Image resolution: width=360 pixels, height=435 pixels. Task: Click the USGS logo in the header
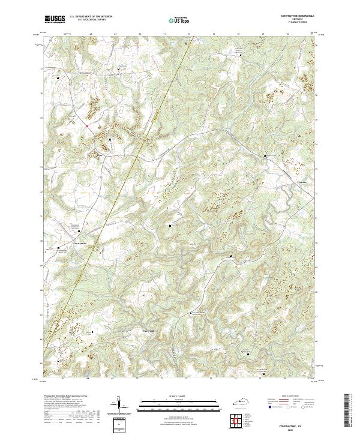[54, 19]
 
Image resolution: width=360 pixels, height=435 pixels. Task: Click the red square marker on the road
[87, 126]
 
